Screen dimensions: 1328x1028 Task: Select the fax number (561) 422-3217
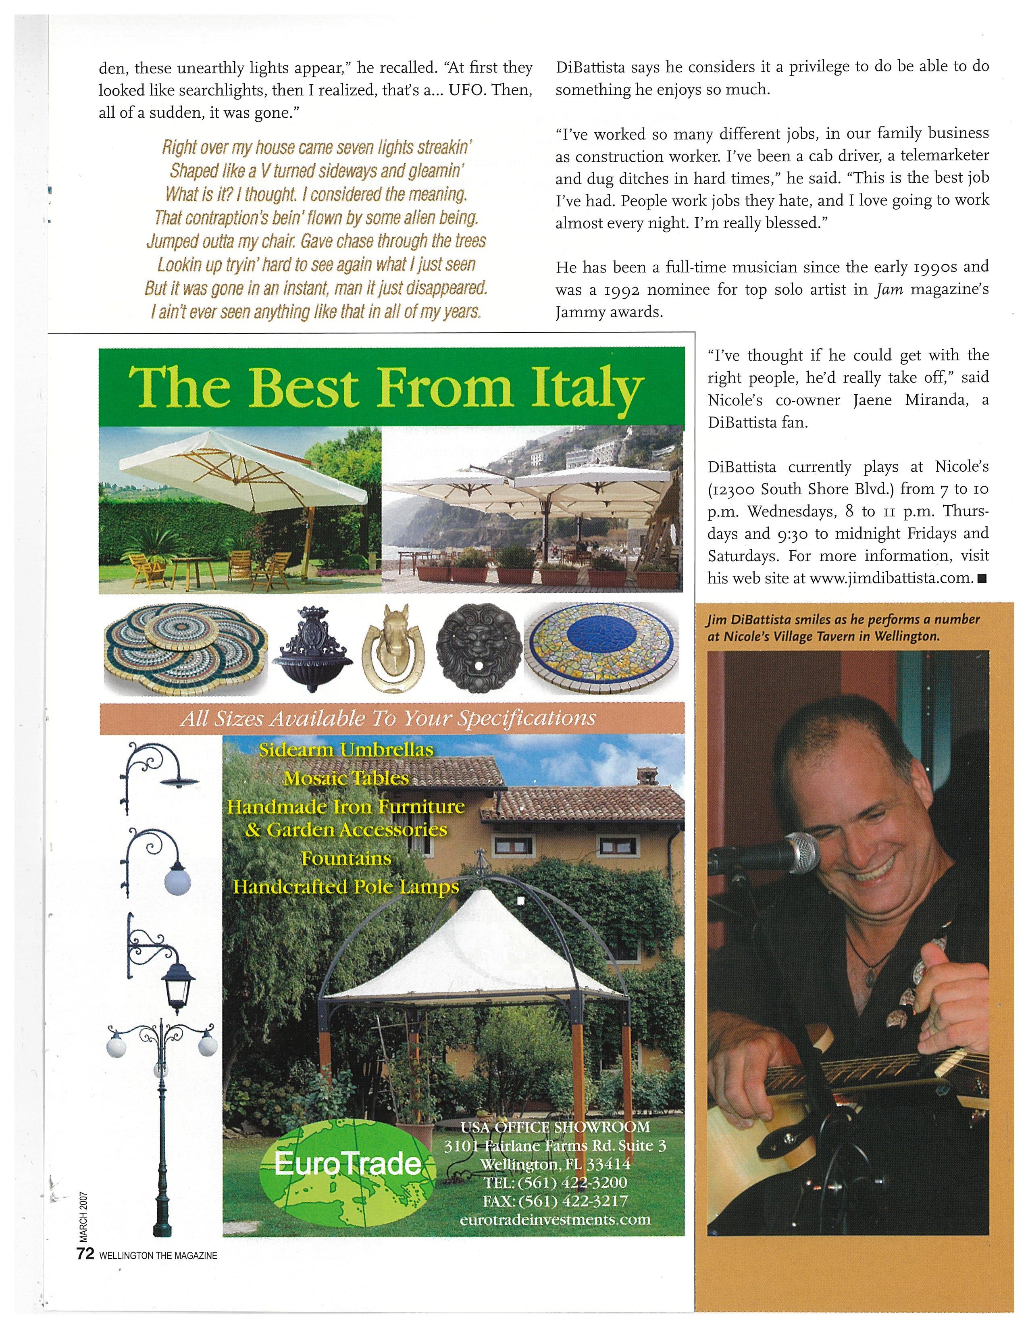tap(555, 1200)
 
